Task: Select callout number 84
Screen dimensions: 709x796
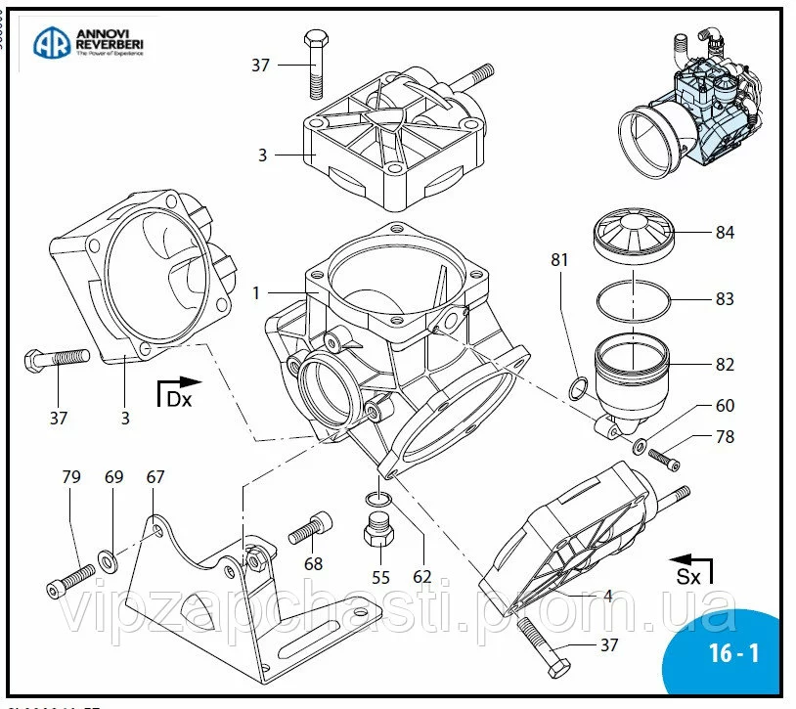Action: point(725,233)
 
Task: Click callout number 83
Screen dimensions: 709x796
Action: point(725,299)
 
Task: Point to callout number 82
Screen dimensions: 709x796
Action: point(725,365)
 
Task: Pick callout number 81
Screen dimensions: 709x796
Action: point(559,261)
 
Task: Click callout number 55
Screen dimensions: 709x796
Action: point(380,577)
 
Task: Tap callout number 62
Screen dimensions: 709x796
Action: point(421,577)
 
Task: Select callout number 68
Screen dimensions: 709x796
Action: point(313,564)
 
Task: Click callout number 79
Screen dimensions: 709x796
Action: point(71,477)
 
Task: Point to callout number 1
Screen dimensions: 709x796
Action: point(256,292)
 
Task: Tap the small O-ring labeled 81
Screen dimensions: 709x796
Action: point(578,390)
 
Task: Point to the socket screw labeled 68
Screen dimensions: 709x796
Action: point(312,528)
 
